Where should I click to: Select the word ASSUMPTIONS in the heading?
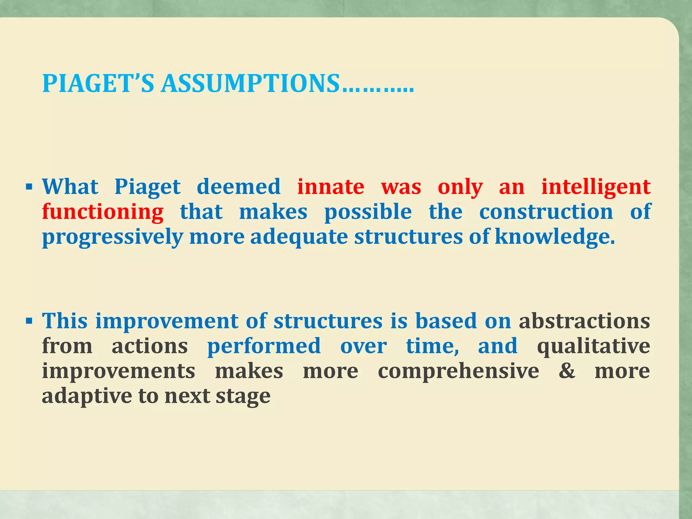(x=250, y=83)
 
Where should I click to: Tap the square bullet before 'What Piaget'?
(x=29, y=186)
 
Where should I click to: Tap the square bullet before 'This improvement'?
(x=29, y=320)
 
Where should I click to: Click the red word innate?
(x=331, y=187)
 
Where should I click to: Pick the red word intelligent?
(x=596, y=187)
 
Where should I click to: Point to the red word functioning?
(x=103, y=212)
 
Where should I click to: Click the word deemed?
(x=239, y=187)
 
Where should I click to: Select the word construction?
(x=546, y=212)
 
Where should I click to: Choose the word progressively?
(x=113, y=237)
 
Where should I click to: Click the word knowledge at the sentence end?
(x=554, y=237)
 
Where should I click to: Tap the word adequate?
(x=299, y=237)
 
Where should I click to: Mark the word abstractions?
(x=584, y=321)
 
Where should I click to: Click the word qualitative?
(x=593, y=346)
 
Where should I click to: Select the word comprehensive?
(x=458, y=371)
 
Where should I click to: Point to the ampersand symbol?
(x=567, y=371)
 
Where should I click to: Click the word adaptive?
(x=87, y=396)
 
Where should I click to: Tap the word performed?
(x=264, y=346)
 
